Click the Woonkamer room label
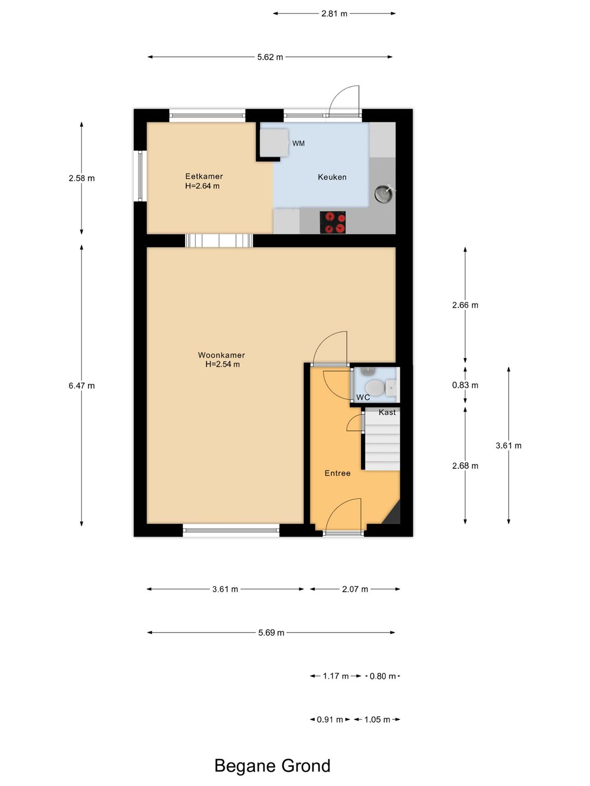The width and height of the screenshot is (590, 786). point(221,355)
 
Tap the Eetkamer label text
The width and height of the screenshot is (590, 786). point(204,176)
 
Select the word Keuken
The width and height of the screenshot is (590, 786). point(332,177)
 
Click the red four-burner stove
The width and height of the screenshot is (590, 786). point(333,222)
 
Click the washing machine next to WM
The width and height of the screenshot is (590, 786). point(274,143)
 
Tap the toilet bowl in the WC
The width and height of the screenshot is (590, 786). point(375,388)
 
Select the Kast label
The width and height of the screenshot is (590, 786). point(387,412)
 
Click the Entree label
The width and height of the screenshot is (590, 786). point(338,473)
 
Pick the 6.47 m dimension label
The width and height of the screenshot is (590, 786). point(82,386)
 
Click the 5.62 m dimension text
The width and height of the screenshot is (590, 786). point(270,57)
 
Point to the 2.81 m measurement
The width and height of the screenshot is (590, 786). point(334,14)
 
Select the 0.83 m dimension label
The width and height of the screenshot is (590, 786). point(465,385)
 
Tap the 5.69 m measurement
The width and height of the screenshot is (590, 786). point(271,633)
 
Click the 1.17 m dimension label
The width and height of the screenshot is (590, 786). point(335,676)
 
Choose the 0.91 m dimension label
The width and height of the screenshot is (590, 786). point(330,719)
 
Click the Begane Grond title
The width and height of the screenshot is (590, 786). point(272,765)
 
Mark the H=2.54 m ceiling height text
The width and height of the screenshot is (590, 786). point(222,364)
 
